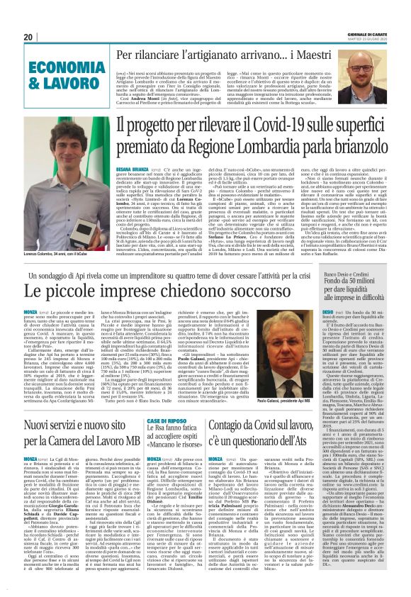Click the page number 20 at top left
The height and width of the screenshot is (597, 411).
[x=28, y=37]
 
